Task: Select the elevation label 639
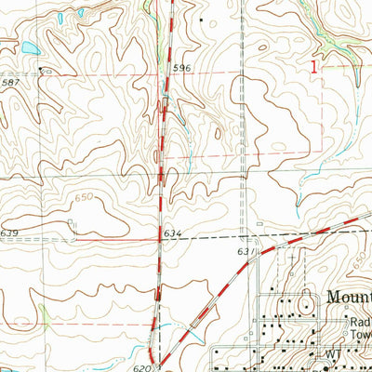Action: [10, 232]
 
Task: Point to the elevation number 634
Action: [170, 232]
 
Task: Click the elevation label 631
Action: [244, 251]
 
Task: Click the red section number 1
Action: [315, 66]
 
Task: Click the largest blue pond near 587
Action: [29, 48]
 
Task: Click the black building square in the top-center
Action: [201, 19]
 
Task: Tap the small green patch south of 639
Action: [42, 312]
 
